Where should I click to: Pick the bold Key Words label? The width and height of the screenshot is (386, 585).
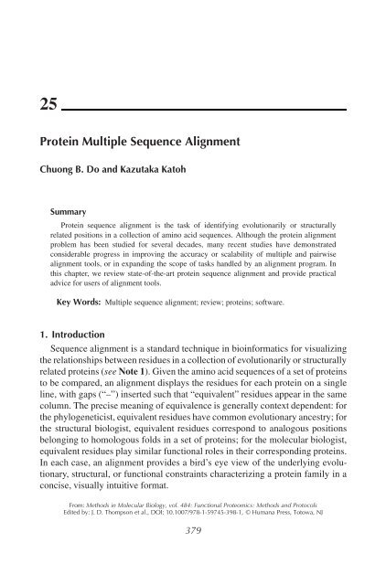74,325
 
